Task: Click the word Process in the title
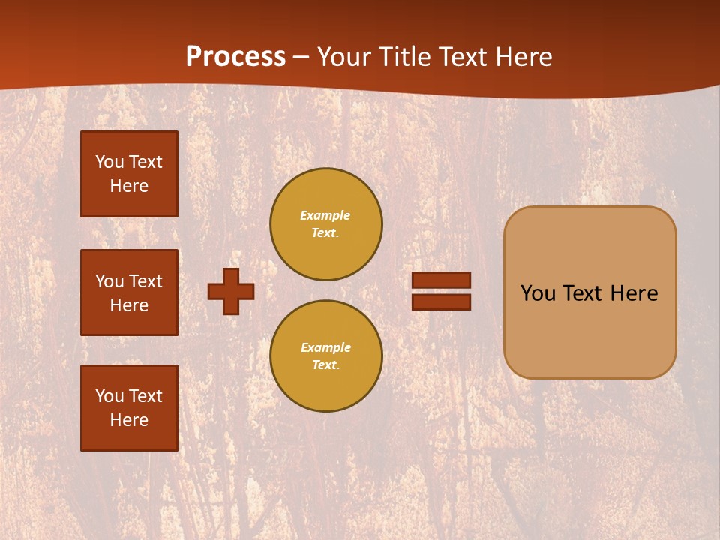[235, 57]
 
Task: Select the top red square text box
[129, 174]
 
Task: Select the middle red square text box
[129, 292]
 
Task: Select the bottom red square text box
[129, 408]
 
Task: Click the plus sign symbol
[231, 291]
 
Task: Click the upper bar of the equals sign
[442, 280]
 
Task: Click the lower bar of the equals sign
[442, 301]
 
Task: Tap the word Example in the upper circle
[325, 215]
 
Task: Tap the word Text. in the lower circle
[325, 365]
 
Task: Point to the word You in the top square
[109, 162]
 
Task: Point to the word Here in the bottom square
[129, 420]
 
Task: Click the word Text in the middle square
[145, 281]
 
